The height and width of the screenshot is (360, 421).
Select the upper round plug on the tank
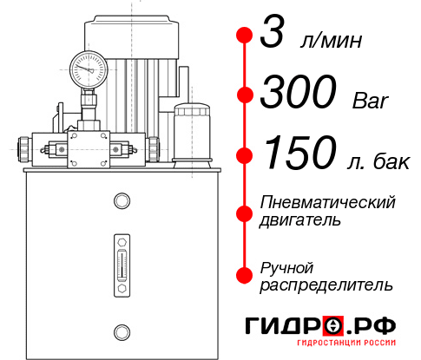pos(121,202)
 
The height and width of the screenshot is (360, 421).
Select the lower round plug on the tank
pos(121,330)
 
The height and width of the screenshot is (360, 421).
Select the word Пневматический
pos(328,203)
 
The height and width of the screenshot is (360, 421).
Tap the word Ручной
pos(286,265)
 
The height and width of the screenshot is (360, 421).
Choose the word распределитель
pos(326,284)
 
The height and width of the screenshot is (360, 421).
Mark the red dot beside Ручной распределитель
pos(245,273)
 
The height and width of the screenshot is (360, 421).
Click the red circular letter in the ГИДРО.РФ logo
pos(333,326)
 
